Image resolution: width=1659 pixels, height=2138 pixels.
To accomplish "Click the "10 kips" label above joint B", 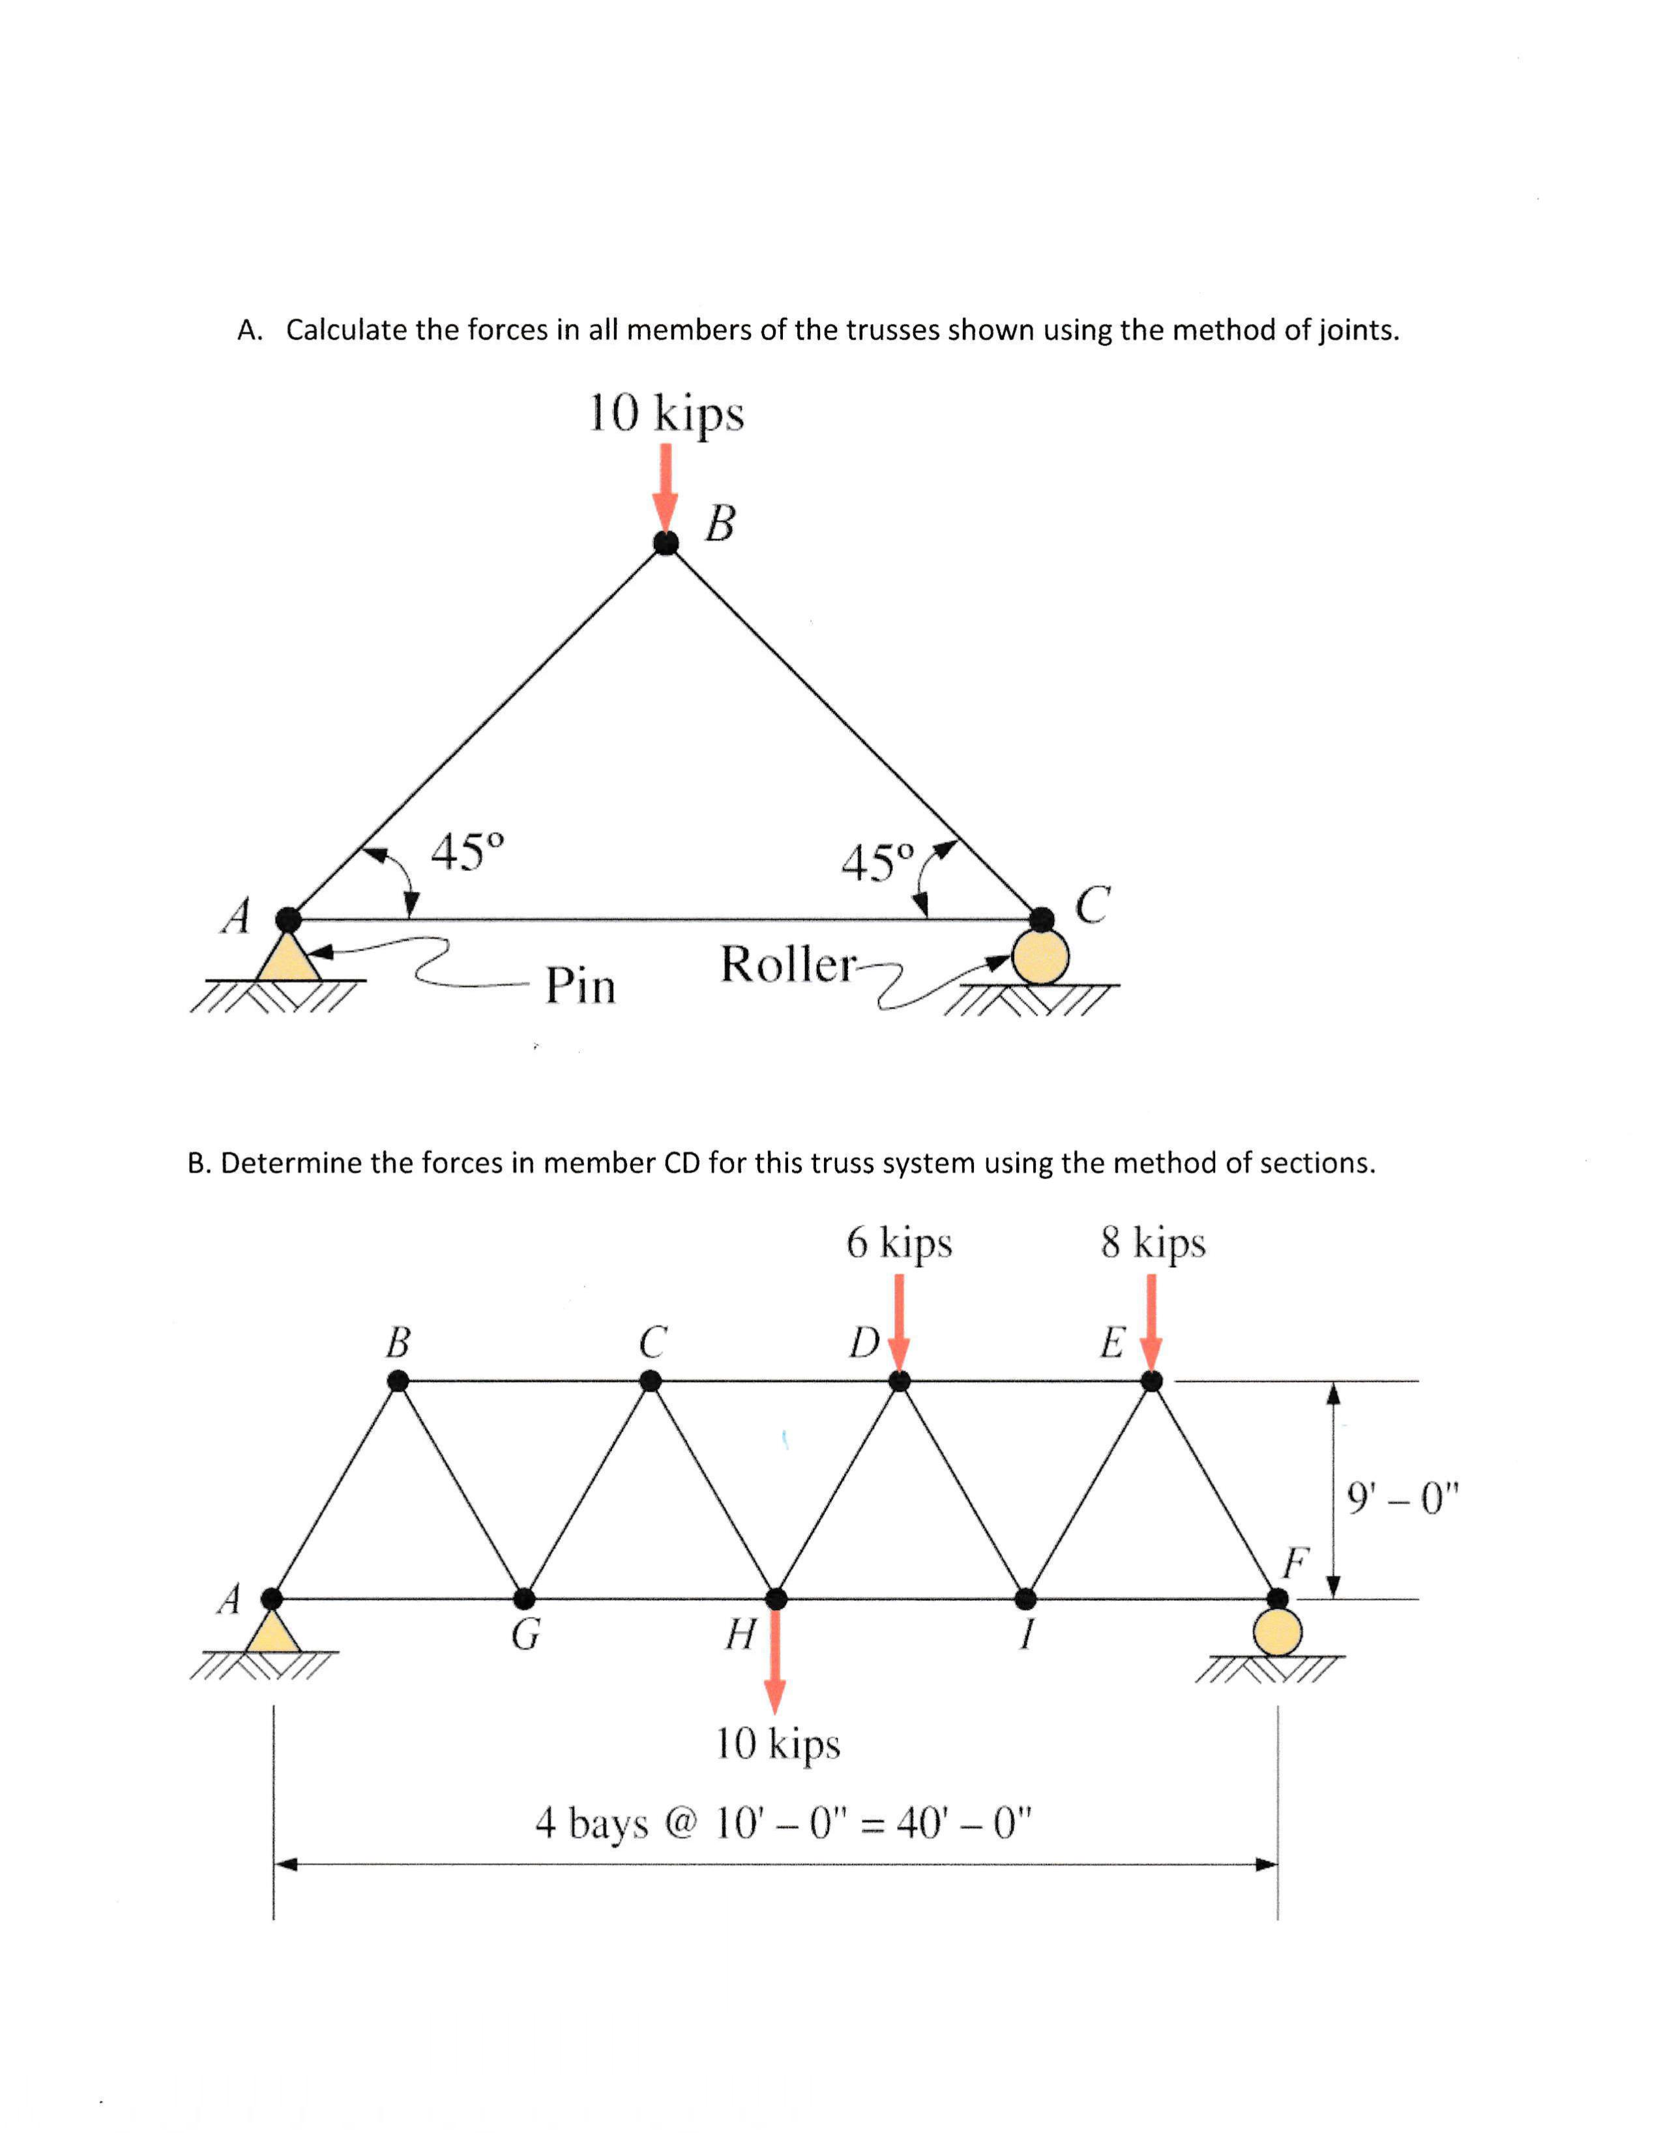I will click(x=666, y=413).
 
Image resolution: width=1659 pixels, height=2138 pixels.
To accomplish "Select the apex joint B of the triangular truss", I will click(x=666, y=544).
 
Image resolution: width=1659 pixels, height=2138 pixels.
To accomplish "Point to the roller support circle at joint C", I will click(x=1040, y=956).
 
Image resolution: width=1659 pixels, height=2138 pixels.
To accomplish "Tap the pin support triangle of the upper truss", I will click(x=287, y=958).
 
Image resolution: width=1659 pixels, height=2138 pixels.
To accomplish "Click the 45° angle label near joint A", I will click(x=468, y=852).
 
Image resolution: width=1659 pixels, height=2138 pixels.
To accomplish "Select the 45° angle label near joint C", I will click(x=877, y=862).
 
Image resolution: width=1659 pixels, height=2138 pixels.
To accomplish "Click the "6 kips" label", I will click(x=898, y=1243).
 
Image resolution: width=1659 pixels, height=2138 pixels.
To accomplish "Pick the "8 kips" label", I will click(x=1152, y=1243).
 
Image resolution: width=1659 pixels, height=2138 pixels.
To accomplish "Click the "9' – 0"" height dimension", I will click(x=1402, y=1498).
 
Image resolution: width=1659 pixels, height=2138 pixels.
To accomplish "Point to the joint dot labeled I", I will click(x=1025, y=1598).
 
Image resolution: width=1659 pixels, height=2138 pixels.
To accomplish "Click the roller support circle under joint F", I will click(x=1277, y=1632).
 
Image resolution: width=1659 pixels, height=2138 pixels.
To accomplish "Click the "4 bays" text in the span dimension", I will click(x=591, y=1823).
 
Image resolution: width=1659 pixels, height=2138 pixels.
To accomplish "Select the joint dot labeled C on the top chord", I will click(x=650, y=1381).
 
